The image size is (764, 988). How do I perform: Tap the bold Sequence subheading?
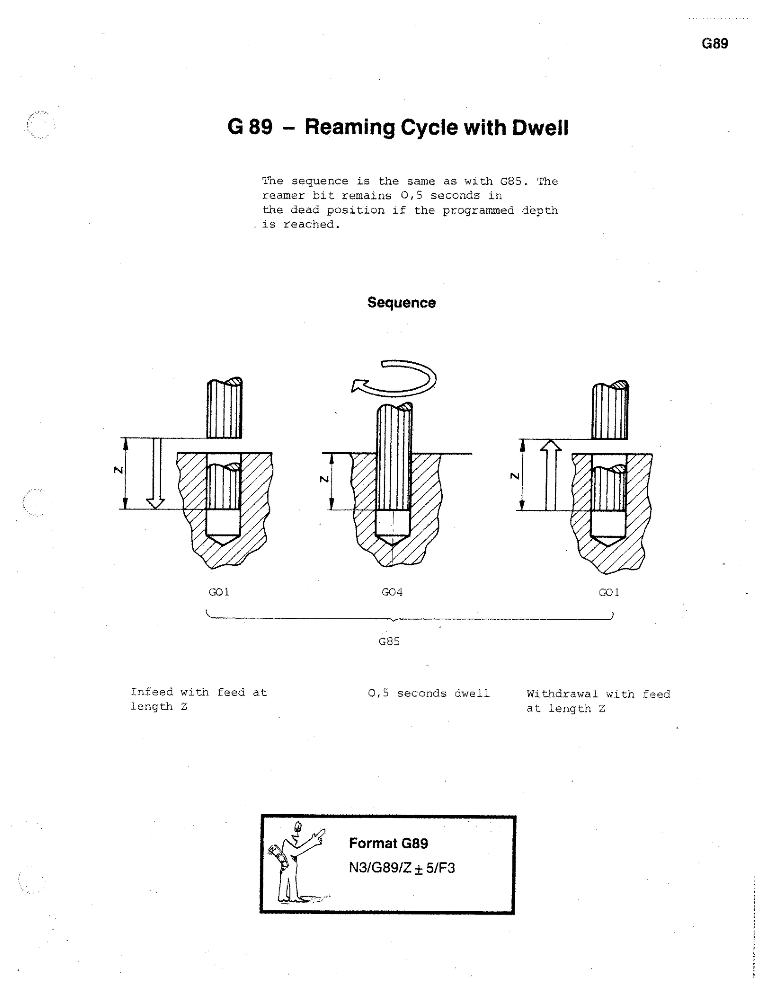coord(401,303)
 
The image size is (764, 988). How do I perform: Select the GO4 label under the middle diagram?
coord(392,592)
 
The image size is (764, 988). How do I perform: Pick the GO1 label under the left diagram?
coord(219,592)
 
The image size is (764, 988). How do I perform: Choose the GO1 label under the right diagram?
coord(609,592)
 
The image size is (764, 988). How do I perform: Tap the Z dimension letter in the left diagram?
coord(119,471)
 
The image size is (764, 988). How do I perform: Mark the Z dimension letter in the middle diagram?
coord(324,479)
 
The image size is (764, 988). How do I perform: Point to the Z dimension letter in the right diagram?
coord(514,476)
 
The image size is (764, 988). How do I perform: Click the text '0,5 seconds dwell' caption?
coord(428,693)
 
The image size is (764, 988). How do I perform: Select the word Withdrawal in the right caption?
coord(563,694)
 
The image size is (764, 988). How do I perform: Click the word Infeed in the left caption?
coord(151,692)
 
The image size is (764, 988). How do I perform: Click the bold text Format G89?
coord(388,843)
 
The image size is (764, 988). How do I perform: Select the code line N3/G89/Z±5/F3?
coord(401,868)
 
